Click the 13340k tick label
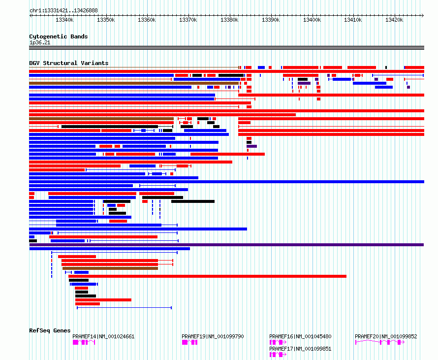click(x=64, y=20)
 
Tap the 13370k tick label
click(x=188, y=20)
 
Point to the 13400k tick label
click(x=312, y=20)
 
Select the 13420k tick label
click(x=394, y=20)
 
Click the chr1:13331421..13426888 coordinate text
click(x=63, y=11)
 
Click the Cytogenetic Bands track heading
click(x=59, y=36)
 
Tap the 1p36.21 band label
click(x=40, y=42)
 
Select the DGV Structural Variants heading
click(x=69, y=63)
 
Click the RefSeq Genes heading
click(x=50, y=330)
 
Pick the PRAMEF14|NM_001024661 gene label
click(x=103, y=336)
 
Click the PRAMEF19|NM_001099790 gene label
click(x=213, y=336)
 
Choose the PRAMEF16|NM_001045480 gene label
click(x=300, y=336)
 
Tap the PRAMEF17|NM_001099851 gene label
click(x=300, y=349)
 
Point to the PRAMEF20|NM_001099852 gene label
click(x=386, y=336)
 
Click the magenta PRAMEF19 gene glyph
click(x=189, y=342)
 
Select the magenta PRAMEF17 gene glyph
click(x=278, y=355)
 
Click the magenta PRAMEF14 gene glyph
click(x=84, y=342)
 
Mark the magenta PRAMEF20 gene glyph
click(x=379, y=342)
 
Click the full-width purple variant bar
click(x=226, y=245)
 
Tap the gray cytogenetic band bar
click(x=226, y=48)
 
